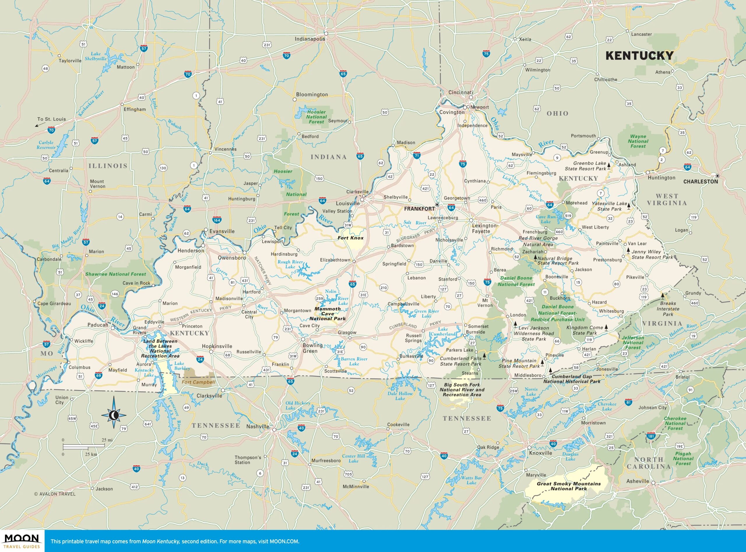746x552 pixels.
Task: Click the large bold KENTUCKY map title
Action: [639, 56]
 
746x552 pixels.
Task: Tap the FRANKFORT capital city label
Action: [419, 209]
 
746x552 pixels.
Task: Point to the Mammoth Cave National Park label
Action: [327, 314]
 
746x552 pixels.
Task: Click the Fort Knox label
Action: [350, 238]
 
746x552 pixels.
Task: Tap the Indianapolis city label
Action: [309, 39]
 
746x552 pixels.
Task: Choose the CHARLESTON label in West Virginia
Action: [700, 181]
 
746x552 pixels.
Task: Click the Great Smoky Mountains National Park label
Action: [568, 486]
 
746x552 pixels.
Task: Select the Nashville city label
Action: [258, 427]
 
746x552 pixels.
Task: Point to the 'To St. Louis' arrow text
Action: [51, 119]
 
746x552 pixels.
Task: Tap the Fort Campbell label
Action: [198, 382]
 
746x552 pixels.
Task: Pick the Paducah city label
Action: [98, 325]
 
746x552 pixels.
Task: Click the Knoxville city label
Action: [540, 453]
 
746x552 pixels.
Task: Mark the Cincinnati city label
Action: [460, 92]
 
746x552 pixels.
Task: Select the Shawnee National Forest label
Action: [115, 274]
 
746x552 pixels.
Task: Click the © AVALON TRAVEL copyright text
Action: [55, 494]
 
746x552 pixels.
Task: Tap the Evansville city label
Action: [222, 231]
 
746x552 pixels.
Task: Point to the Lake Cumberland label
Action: [443, 332]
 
